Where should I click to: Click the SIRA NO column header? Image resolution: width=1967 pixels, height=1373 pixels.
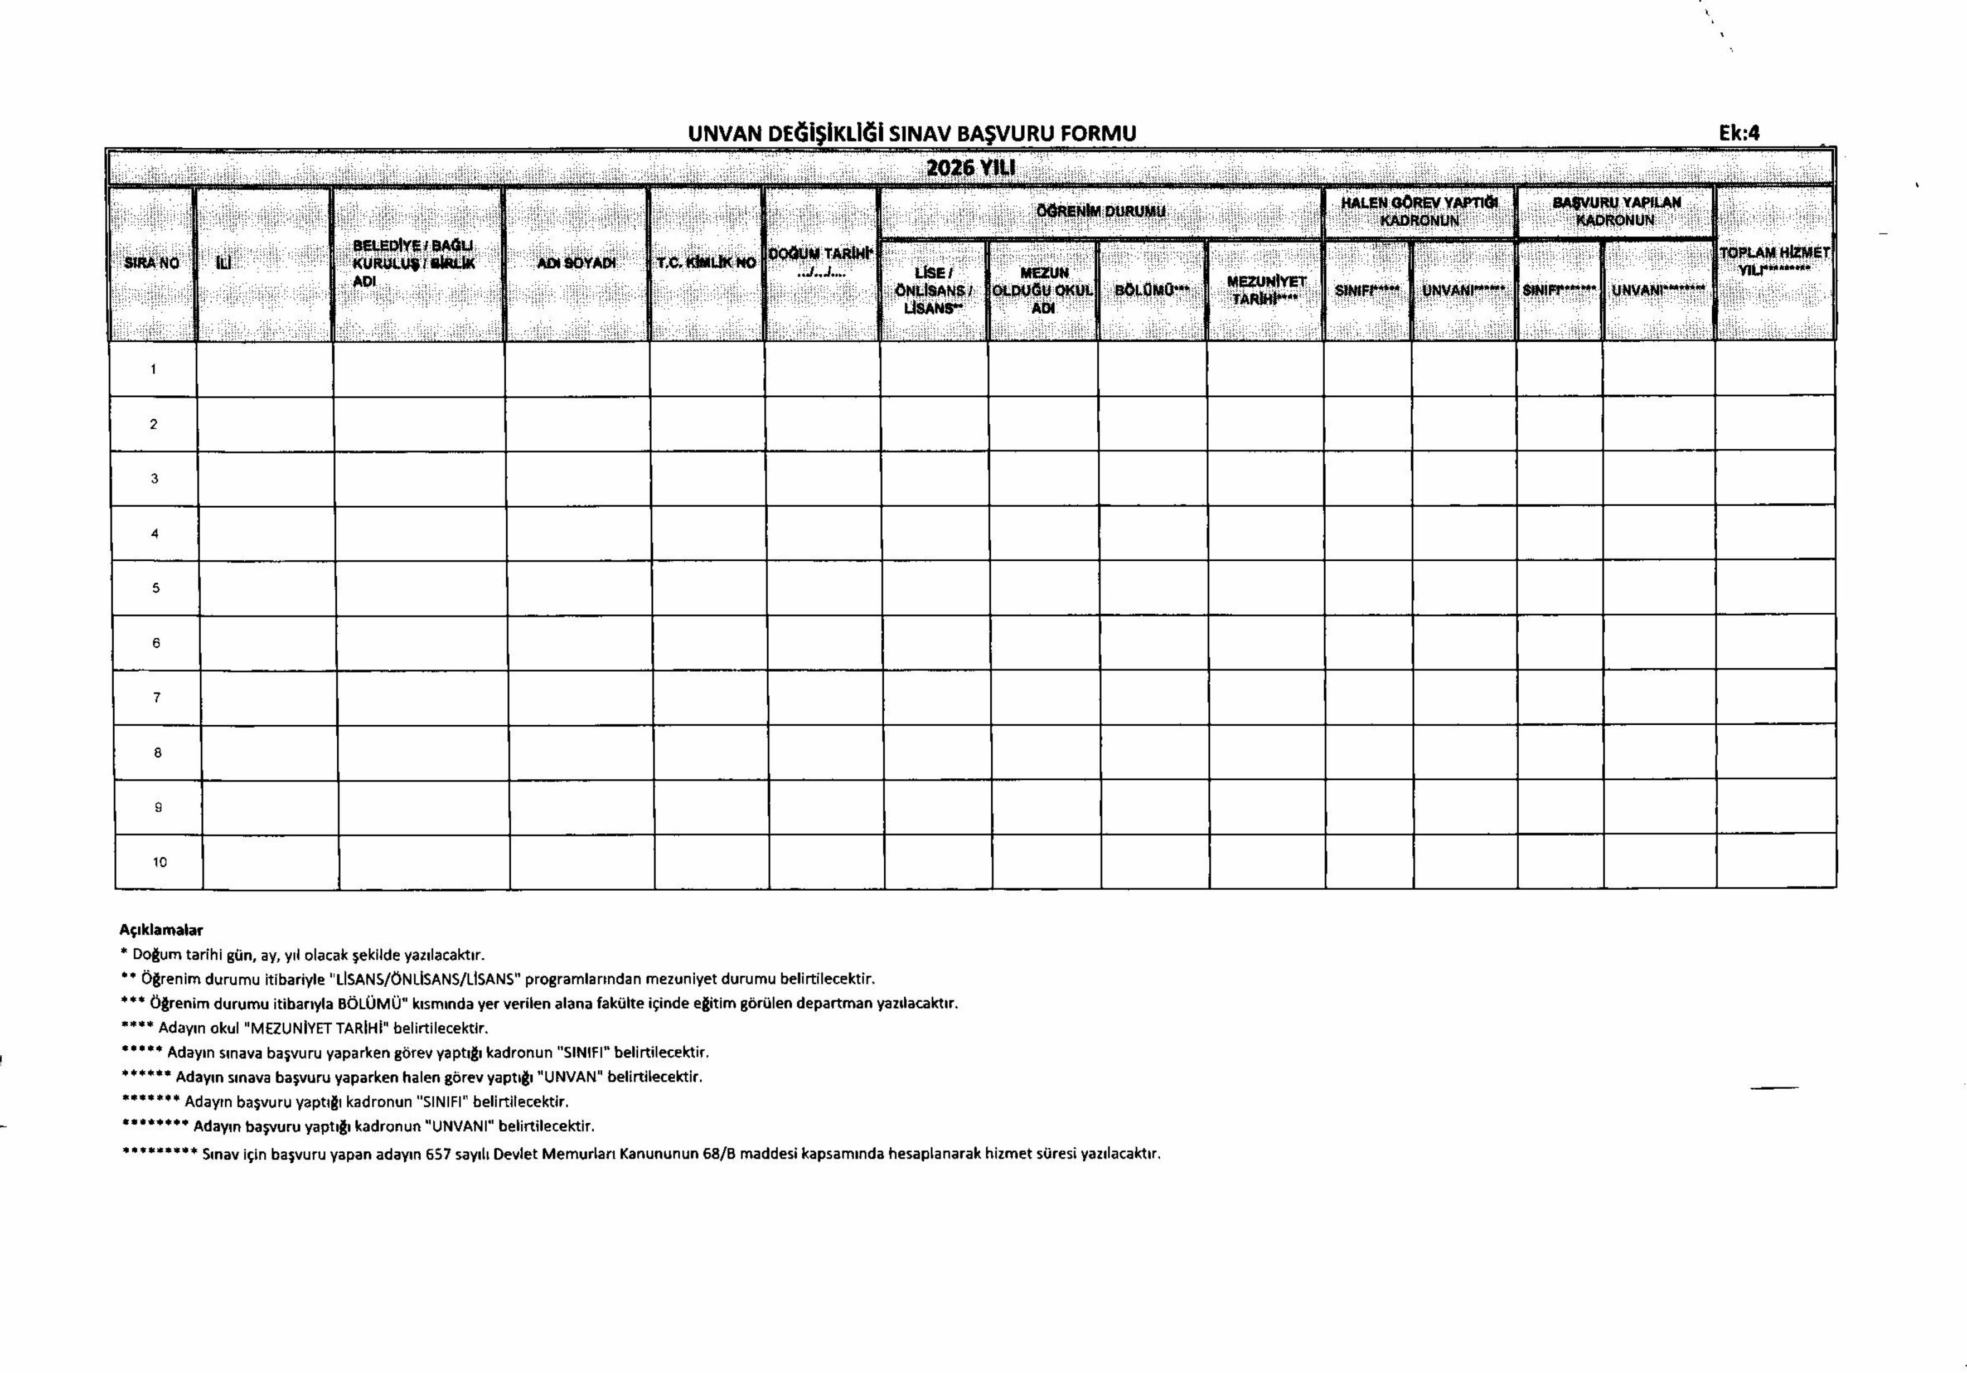[152, 263]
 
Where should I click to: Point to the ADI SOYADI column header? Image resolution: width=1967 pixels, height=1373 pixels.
[576, 263]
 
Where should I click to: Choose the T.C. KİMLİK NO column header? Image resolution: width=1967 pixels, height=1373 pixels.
[706, 263]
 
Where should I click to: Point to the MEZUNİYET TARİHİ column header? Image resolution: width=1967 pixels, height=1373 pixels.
[1266, 289]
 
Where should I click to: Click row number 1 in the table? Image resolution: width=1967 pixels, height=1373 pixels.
[153, 369]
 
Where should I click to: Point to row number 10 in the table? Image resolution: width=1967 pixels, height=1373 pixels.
[159, 862]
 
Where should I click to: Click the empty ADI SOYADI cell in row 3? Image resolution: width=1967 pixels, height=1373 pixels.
[578, 479]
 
